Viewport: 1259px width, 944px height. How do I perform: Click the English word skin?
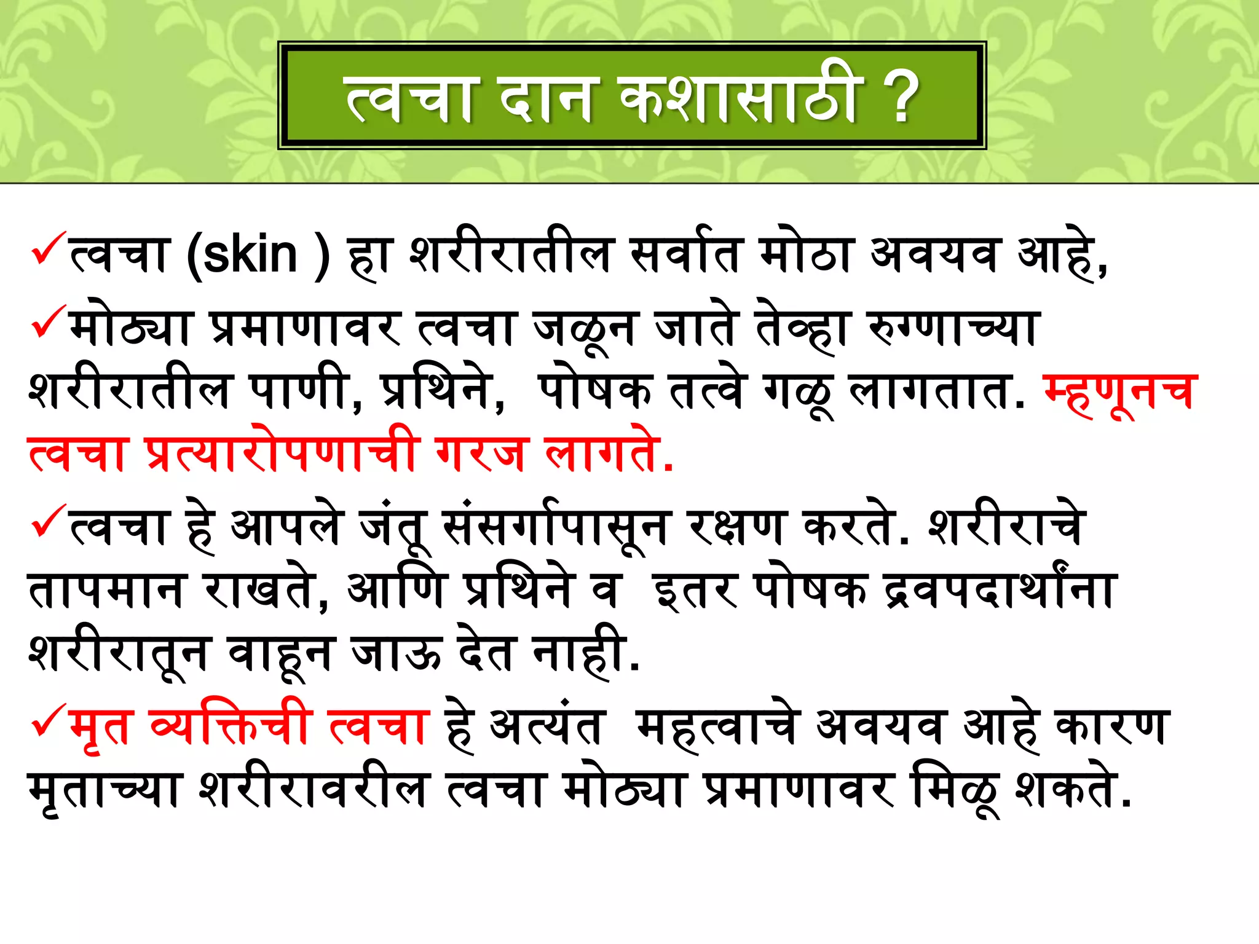(250, 255)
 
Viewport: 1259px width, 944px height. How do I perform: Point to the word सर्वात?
(684, 255)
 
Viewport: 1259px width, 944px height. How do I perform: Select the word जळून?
(585, 329)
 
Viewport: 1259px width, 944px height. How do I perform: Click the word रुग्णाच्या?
(953, 329)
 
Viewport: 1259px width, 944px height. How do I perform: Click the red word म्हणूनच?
(1120, 391)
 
